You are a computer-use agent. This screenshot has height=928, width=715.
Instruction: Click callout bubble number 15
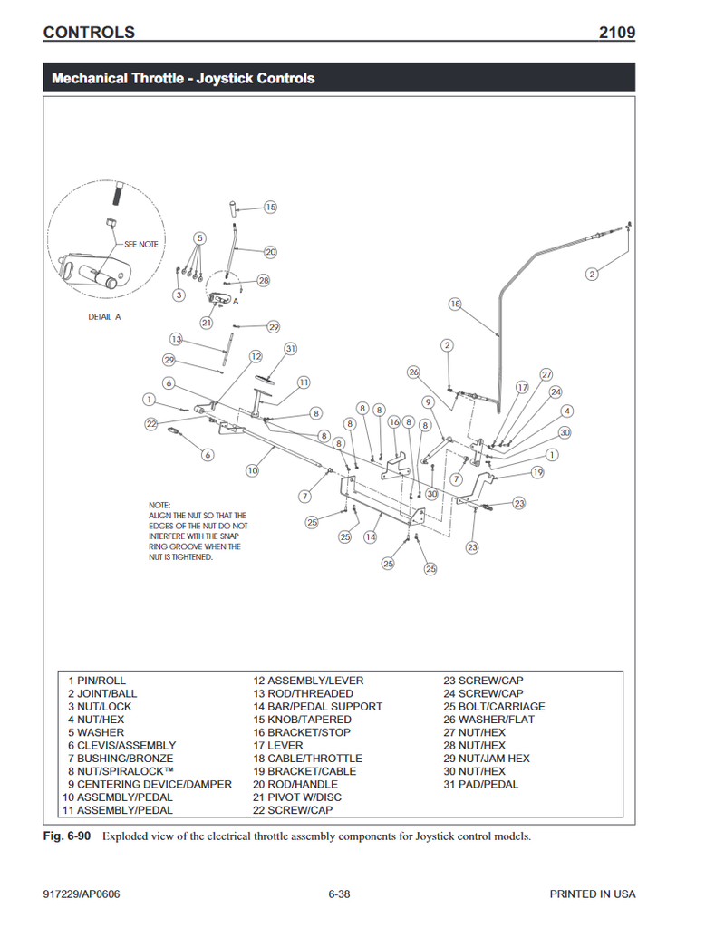point(270,208)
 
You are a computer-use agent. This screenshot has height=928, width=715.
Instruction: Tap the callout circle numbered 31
point(291,349)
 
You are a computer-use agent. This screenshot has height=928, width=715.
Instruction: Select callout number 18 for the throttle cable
point(455,304)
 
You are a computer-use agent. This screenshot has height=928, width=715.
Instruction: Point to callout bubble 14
point(370,537)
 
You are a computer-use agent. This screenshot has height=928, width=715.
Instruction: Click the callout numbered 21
point(207,323)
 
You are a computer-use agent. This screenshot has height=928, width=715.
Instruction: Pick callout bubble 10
point(253,470)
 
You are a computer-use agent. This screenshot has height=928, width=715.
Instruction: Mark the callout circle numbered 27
point(546,374)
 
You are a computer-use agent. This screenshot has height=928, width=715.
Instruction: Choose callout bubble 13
point(176,339)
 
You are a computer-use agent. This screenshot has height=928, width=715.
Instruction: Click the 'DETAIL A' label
point(104,317)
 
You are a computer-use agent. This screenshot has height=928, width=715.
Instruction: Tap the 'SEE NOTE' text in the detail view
point(140,245)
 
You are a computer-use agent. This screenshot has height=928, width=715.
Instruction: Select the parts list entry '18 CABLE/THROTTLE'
point(307,759)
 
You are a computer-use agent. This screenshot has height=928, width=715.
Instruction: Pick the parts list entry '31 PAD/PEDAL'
point(480,784)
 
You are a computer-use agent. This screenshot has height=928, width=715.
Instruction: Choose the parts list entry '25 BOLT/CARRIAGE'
point(494,707)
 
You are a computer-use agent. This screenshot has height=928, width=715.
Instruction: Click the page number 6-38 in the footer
point(339,894)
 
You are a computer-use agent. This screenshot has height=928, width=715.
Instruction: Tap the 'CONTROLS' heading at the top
point(89,33)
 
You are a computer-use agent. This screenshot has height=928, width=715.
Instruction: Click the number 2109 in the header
point(616,33)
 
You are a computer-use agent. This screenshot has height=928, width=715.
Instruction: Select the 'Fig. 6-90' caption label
point(67,836)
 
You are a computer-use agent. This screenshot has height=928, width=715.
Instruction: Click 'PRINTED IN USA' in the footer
point(592,894)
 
